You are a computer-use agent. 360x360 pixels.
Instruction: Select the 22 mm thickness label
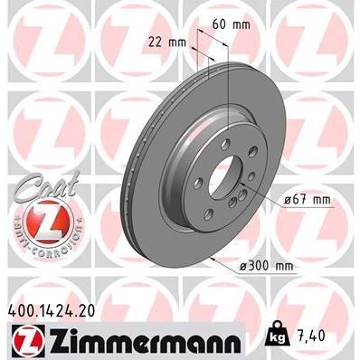pos(167,42)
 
